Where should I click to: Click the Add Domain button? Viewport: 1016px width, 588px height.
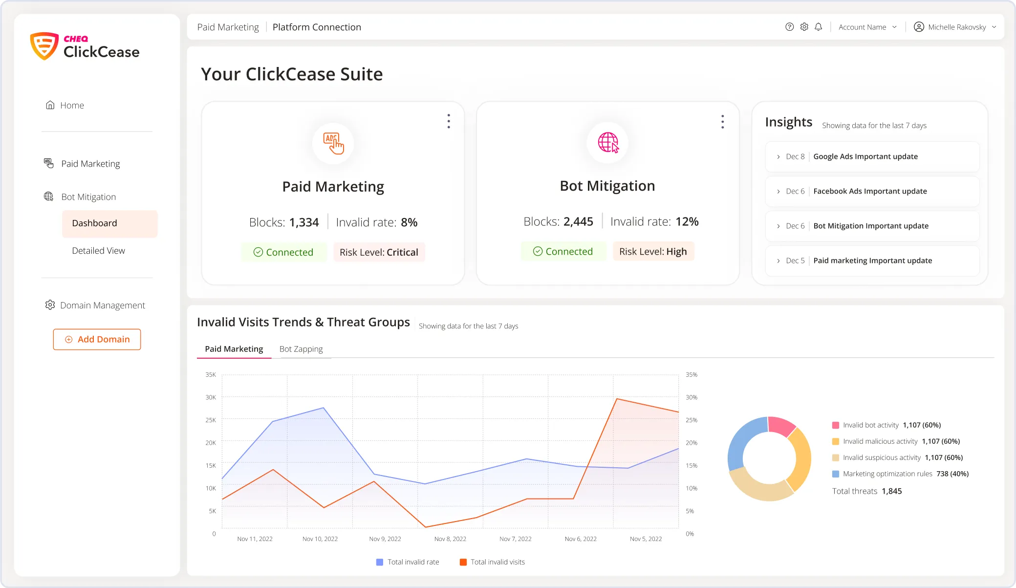tap(97, 339)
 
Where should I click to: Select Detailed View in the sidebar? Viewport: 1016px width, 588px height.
tap(98, 251)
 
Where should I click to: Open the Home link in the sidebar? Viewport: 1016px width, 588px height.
tap(72, 106)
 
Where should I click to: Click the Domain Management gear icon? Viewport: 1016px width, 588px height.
tap(50, 305)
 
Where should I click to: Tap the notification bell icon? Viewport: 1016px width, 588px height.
tap(818, 27)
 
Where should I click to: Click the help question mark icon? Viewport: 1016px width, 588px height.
tap(789, 27)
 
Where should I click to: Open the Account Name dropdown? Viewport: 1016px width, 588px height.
tap(867, 27)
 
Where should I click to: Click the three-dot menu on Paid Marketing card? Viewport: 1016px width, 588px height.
tap(449, 121)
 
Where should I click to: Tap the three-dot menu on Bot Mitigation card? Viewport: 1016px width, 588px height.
tap(722, 122)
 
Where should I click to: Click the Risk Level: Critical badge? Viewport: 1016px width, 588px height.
tap(379, 252)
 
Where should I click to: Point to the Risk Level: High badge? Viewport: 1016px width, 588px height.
tap(653, 251)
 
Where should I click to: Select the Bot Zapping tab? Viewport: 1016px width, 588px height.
tap(301, 349)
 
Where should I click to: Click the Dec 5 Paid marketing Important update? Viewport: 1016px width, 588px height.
tap(872, 261)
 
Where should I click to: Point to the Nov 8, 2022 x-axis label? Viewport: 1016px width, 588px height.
tap(450, 539)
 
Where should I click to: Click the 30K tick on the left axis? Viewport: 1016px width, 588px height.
tap(211, 397)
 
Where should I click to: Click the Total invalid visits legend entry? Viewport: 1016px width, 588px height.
tap(492, 562)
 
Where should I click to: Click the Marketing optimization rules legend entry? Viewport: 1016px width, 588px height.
tap(887, 474)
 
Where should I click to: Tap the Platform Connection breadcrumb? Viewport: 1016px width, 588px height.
tap(317, 27)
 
